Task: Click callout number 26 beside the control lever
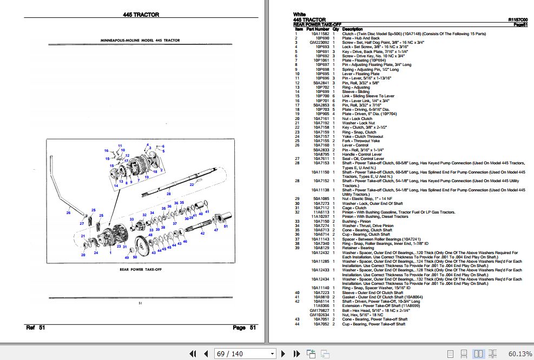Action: pos(68,213)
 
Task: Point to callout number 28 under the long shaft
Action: pos(168,193)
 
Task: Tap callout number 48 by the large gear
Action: pos(150,234)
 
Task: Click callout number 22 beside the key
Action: pos(191,184)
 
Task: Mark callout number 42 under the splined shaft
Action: pos(202,234)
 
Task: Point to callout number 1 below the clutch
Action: pos(110,253)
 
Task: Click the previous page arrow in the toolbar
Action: pos(206,354)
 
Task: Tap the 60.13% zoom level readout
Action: pos(520,354)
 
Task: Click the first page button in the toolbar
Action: pos(193,354)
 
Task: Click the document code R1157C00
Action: pos(518,19)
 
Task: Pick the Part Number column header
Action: pos(318,29)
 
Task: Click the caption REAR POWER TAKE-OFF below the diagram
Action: pos(140,269)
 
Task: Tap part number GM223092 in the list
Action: pos(318,43)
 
